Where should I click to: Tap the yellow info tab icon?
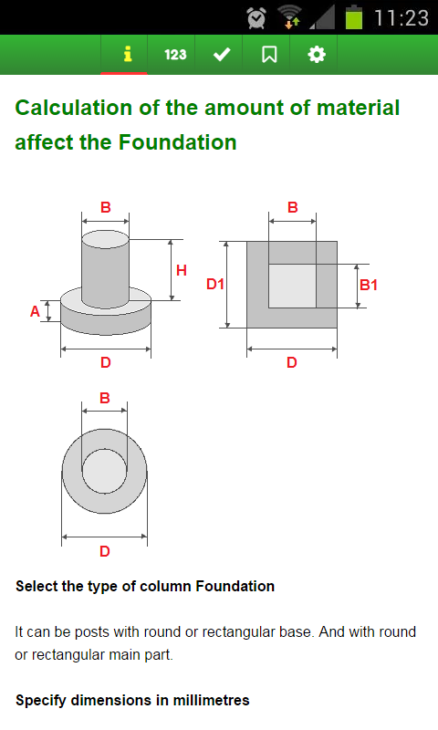(x=127, y=54)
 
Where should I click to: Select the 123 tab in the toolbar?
(x=175, y=55)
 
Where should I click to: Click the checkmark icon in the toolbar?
(x=222, y=55)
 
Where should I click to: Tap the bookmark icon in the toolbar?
(x=269, y=55)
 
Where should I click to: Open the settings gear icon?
(x=317, y=55)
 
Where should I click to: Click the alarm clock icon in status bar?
(x=256, y=17)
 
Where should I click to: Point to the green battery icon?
(x=354, y=17)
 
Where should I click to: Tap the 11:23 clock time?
(x=401, y=18)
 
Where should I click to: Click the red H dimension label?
(x=182, y=270)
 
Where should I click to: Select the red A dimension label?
(x=35, y=311)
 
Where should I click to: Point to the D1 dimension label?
(x=215, y=284)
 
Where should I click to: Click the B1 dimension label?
(x=368, y=285)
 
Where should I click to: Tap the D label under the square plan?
(x=292, y=362)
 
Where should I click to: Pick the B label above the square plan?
(x=292, y=207)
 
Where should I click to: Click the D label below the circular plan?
(x=105, y=552)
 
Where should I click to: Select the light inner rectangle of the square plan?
(x=292, y=286)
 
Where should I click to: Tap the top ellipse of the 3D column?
(x=105, y=239)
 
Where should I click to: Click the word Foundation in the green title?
(x=177, y=142)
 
